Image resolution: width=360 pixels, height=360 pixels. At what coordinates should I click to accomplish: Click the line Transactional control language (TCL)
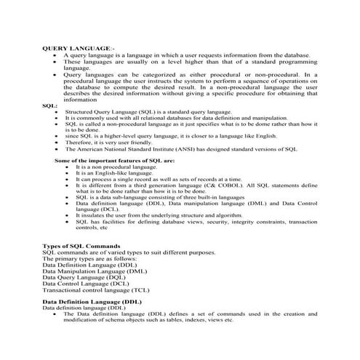click(96, 289)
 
